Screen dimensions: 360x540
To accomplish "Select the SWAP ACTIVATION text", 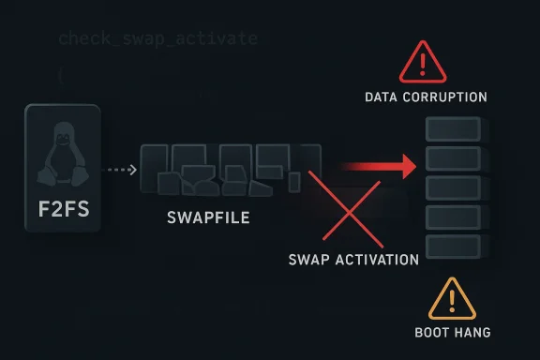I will click(x=354, y=260).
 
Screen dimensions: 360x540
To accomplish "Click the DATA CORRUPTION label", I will click(x=426, y=97).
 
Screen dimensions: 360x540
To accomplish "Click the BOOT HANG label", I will click(x=452, y=332).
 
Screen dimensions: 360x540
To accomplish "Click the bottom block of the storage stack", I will click(x=454, y=247).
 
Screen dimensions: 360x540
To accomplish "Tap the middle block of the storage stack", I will click(x=454, y=187).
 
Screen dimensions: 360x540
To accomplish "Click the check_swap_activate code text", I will click(x=157, y=38).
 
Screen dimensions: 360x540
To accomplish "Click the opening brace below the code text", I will click(x=61, y=76).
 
